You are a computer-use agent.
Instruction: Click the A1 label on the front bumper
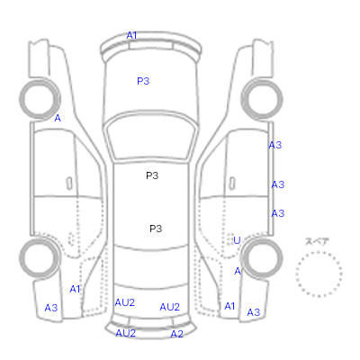[x=131, y=35]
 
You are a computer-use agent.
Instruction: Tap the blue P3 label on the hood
[x=143, y=81]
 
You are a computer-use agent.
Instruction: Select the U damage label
[x=237, y=240]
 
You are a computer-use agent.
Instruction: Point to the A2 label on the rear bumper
[x=176, y=334]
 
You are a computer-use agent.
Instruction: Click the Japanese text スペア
[x=317, y=241]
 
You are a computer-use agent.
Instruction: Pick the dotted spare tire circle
[x=319, y=274]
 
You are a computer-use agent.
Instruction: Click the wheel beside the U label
[x=262, y=258]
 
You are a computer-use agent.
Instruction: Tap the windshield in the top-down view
[x=152, y=137]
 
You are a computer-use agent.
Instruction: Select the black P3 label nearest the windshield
[x=152, y=175]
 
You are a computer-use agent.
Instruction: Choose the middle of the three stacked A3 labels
[x=278, y=184]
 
